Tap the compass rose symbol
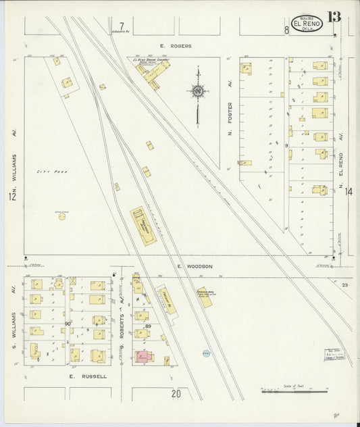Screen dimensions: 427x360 (x=198, y=91)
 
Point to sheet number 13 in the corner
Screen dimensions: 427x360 (x=334, y=16)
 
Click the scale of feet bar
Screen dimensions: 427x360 (x=294, y=391)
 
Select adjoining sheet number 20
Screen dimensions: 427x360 (x=176, y=393)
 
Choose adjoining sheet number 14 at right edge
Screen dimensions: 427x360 (x=349, y=192)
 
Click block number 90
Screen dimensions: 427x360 (x=68, y=324)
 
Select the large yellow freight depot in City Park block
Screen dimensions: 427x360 (x=143, y=226)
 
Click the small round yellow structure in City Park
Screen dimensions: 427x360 (x=62, y=216)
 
